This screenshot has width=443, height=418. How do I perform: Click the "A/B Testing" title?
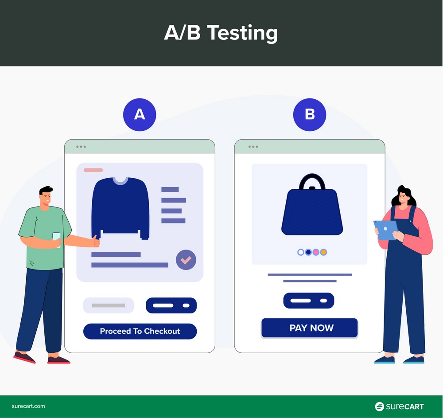pyautogui.click(x=221, y=33)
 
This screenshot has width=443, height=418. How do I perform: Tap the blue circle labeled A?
pyautogui.click(x=140, y=114)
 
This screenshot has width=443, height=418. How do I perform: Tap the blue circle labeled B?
pyautogui.click(x=310, y=114)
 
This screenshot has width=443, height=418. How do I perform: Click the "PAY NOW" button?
pyautogui.click(x=309, y=328)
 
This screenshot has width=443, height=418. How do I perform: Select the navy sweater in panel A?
pyautogui.click(x=120, y=207)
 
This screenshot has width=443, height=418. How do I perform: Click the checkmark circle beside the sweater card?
pyautogui.click(x=186, y=260)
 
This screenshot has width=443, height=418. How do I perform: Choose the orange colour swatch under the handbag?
pyautogui.click(x=323, y=252)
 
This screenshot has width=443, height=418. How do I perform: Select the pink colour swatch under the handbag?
pyautogui.click(x=316, y=252)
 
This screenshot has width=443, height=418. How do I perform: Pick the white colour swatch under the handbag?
pyautogui.click(x=301, y=252)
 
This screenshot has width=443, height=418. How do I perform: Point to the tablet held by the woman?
pyautogui.click(x=385, y=230)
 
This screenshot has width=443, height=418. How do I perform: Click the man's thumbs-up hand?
pyautogui.click(x=95, y=241)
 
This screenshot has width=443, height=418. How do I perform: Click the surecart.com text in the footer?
pyautogui.click(x=28, y=406)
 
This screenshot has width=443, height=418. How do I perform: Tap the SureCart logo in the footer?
pyautogui.click(x=399, y=406)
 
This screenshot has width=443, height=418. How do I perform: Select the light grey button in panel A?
pyautogui.click(x=109, y=305)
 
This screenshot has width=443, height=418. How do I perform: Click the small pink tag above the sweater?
pyautogui.click(x=93, y=170)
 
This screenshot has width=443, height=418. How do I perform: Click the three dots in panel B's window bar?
pyautogui.click(x=253, y=146)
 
